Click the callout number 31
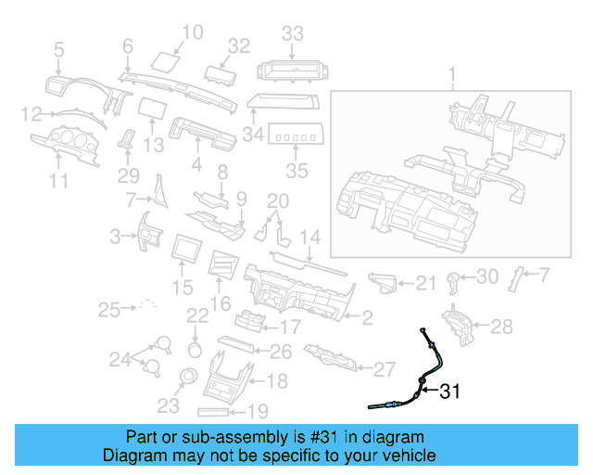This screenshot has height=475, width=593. pos(449,392)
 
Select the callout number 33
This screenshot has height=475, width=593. pos(292,34)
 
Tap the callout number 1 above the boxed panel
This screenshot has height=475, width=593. pos(453,73)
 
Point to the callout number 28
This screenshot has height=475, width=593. pos(501,326)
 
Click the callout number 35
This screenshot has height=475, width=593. pos(296,171)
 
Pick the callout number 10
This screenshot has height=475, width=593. pos(191,34)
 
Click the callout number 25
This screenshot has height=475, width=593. pos(110,308)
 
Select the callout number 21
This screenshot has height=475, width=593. pos(425,283)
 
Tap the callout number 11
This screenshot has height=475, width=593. pos(59,182)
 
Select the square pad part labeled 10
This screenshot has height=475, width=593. pos(165,62)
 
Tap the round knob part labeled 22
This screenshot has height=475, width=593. pos(196,349)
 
